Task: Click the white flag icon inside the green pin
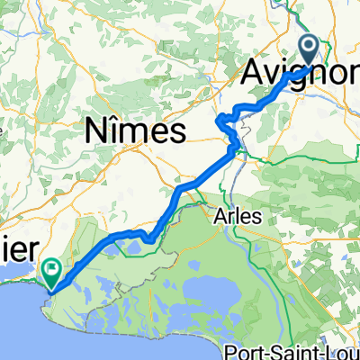pos(52,266)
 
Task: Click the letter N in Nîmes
pos(95,131)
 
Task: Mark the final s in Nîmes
pos(178,133)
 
